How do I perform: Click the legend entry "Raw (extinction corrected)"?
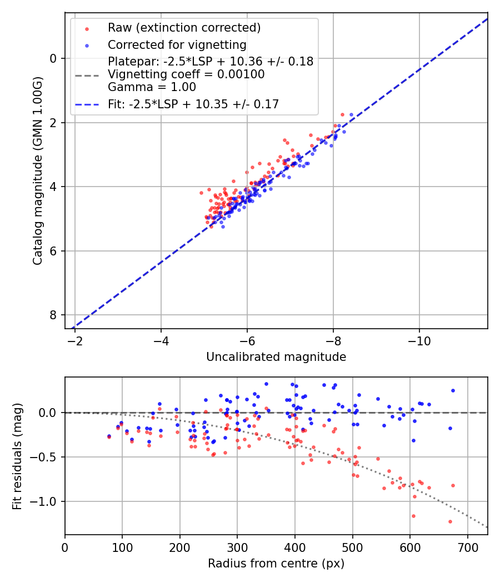click(x=184, y=28)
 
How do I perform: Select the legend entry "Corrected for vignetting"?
click(x=177, y=44)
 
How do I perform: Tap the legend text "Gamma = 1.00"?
click(x=152, y=87)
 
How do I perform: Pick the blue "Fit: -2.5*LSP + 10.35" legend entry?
click(x=193, y=104)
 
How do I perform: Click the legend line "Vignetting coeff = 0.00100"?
click(x=186, y=74)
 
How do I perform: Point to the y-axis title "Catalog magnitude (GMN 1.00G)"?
click(x=38, y=170)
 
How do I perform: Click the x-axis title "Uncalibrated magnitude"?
click(x=276, y=357)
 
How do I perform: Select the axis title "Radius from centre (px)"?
click(x=276, y=564)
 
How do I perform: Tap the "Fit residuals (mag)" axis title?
click(x=17, y=456)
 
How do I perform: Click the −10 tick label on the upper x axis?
click(x=419, y=340)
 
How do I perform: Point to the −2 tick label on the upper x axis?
click(x=75, y=340)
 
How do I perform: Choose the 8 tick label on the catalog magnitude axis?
click(x=54, y=315)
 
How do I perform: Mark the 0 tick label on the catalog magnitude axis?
click(x=54, y=58)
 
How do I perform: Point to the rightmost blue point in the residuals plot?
click(x=453, y=390)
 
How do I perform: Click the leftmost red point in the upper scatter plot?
click(x=201, y=193)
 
